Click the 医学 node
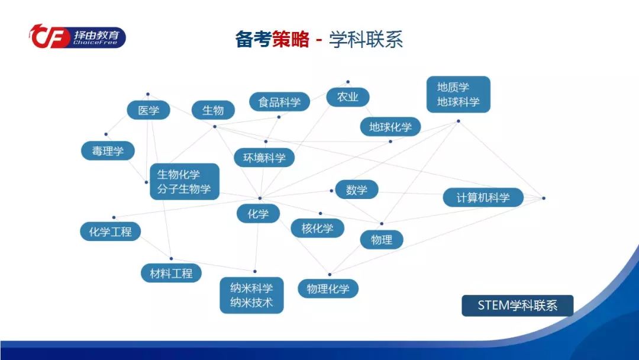click(149, 110)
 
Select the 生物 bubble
click(213, 110)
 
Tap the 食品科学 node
click(279, 102)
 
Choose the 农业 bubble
click(348, 97)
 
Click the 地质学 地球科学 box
click(459, 94)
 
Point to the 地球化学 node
click(390, 127)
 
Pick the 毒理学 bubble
click(108, 151)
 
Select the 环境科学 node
click(264, 157)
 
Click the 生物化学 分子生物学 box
click(185, 181)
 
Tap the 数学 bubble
click(357, 189)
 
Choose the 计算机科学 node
click(483, 197)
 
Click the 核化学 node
click(318, 228)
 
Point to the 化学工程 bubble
click(111, 232)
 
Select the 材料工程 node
click(171, 273)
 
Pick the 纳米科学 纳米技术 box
click(251, 295)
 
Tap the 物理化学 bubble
click(328, 289)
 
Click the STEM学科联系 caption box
click(518, 306)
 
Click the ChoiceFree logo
click(78, 37)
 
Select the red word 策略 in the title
click(291, 40)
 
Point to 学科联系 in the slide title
click(366, 40)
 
